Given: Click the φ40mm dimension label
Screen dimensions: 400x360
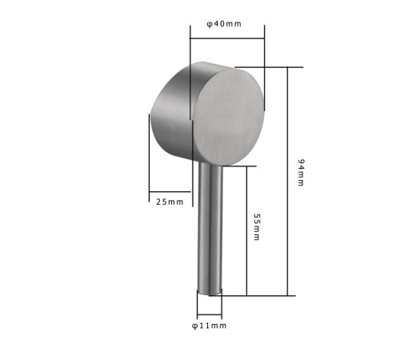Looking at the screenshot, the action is point(224,24).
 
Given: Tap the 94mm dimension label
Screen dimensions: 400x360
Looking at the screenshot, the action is point(301,173).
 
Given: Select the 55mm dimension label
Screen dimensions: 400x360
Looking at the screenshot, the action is point(257,227).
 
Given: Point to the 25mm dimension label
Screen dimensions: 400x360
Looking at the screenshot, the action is point(170,202).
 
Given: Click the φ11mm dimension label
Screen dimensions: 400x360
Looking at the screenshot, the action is point(210,326).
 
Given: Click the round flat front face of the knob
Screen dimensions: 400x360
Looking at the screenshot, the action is point(229,117).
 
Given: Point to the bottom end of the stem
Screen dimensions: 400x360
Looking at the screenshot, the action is point(210,293).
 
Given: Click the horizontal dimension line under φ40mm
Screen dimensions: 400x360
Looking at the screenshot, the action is point(227,38).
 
